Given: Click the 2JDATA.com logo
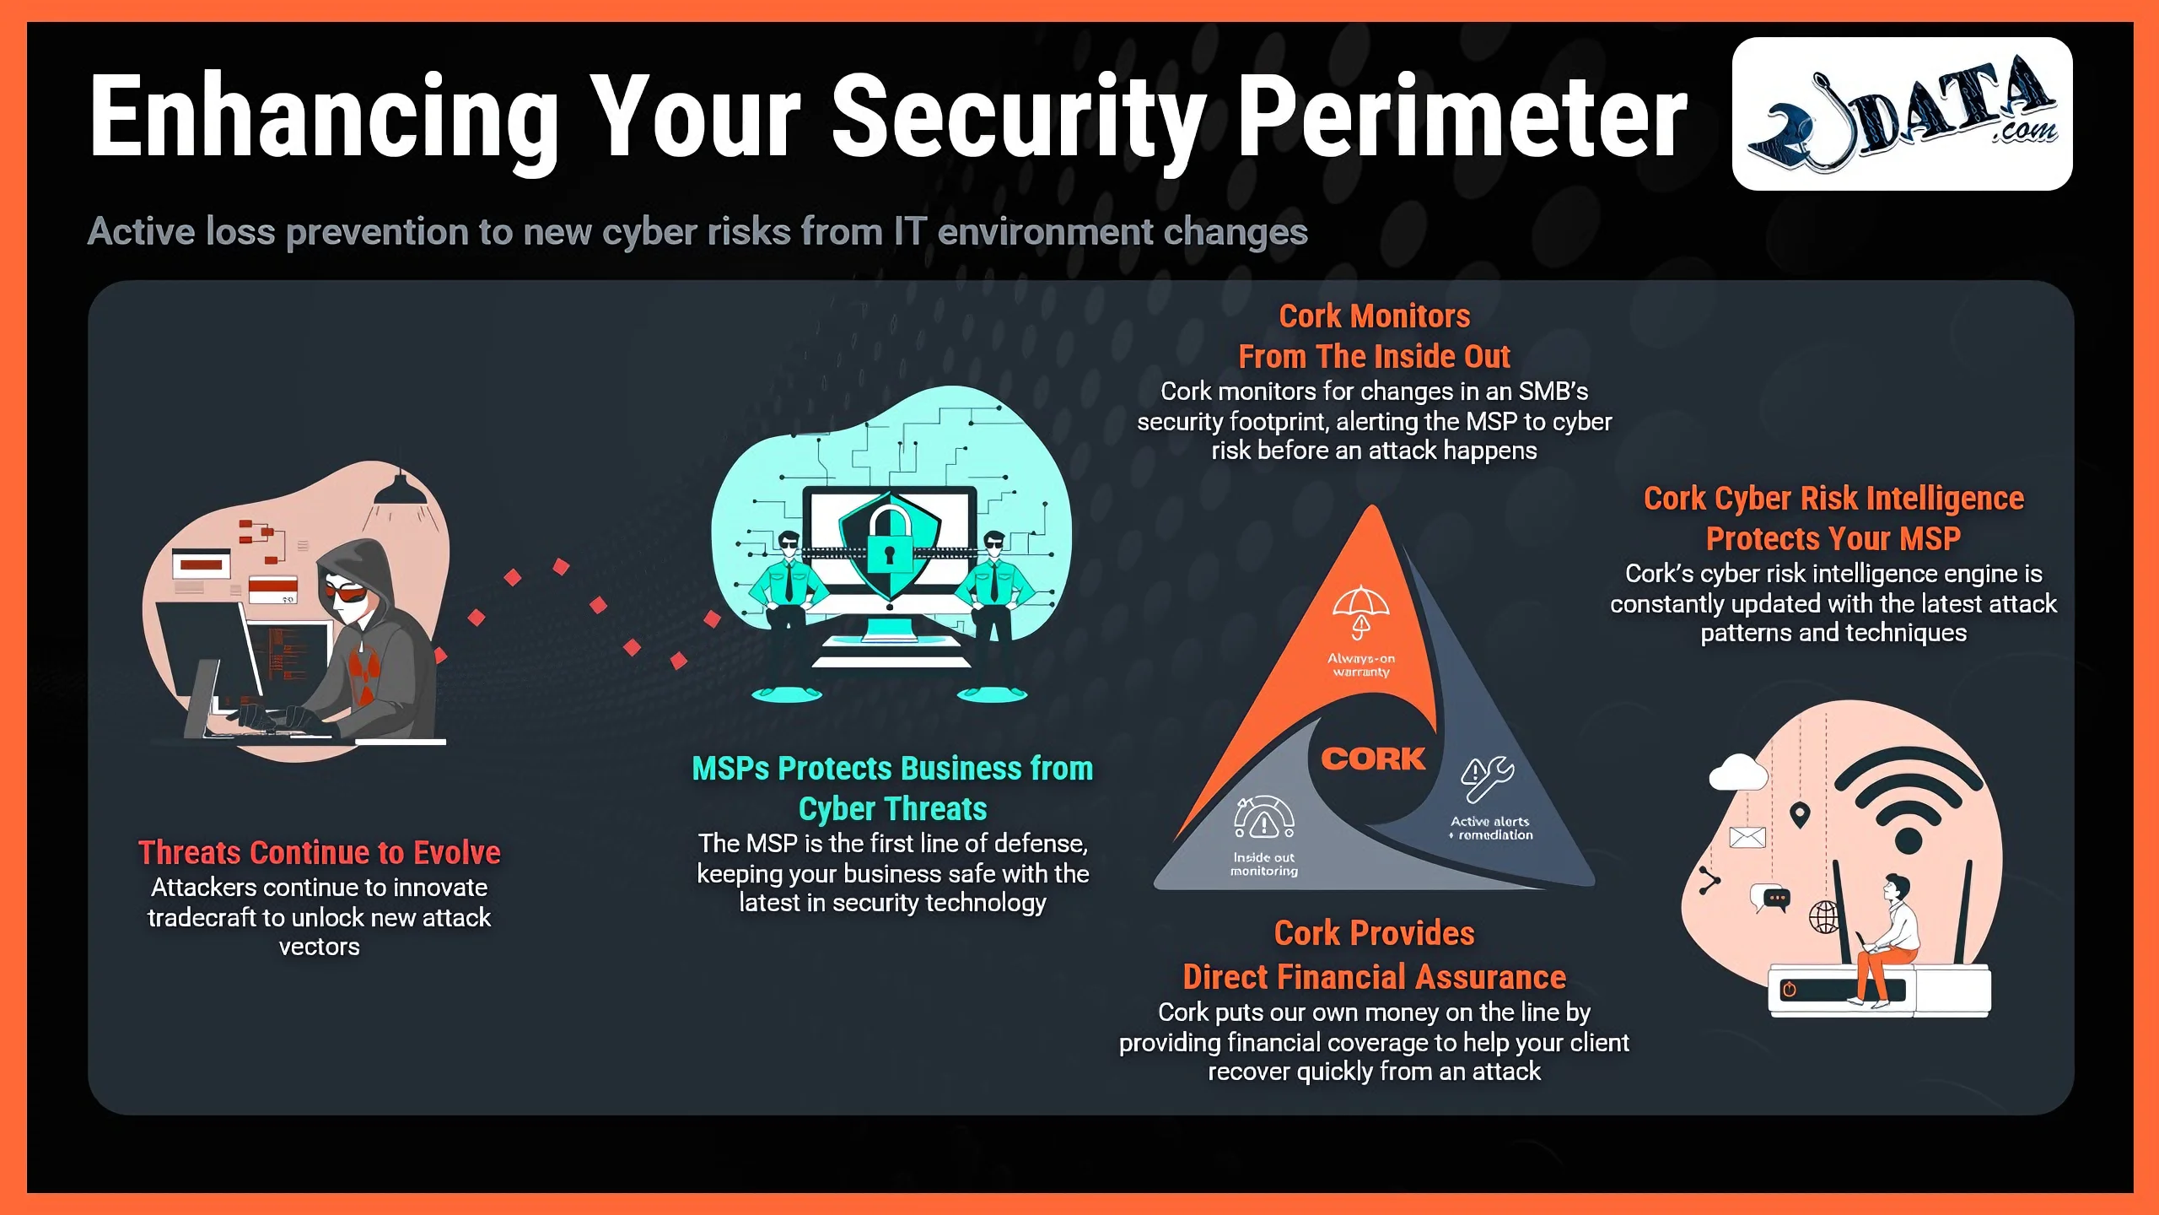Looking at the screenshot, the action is (1902, 114).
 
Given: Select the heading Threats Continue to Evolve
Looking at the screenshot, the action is (319, 852).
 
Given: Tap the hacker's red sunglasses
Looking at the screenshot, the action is (345, 592).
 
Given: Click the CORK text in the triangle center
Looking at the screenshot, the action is (1373, 759).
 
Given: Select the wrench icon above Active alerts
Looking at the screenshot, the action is (1488, 778).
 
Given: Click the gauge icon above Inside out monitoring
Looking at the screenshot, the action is (1264, 818).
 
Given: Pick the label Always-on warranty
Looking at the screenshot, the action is (1361, 665).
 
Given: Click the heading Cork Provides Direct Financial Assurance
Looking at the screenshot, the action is (1374, 955).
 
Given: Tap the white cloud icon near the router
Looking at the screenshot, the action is (1738, 771).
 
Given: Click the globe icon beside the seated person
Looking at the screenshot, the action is (1823, 916).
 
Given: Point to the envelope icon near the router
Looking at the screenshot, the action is (1747, 837).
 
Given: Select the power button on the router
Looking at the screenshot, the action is (1790, 989).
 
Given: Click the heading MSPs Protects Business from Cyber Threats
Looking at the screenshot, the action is (892, 788).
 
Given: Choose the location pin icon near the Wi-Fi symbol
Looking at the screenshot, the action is (1800, 816).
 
